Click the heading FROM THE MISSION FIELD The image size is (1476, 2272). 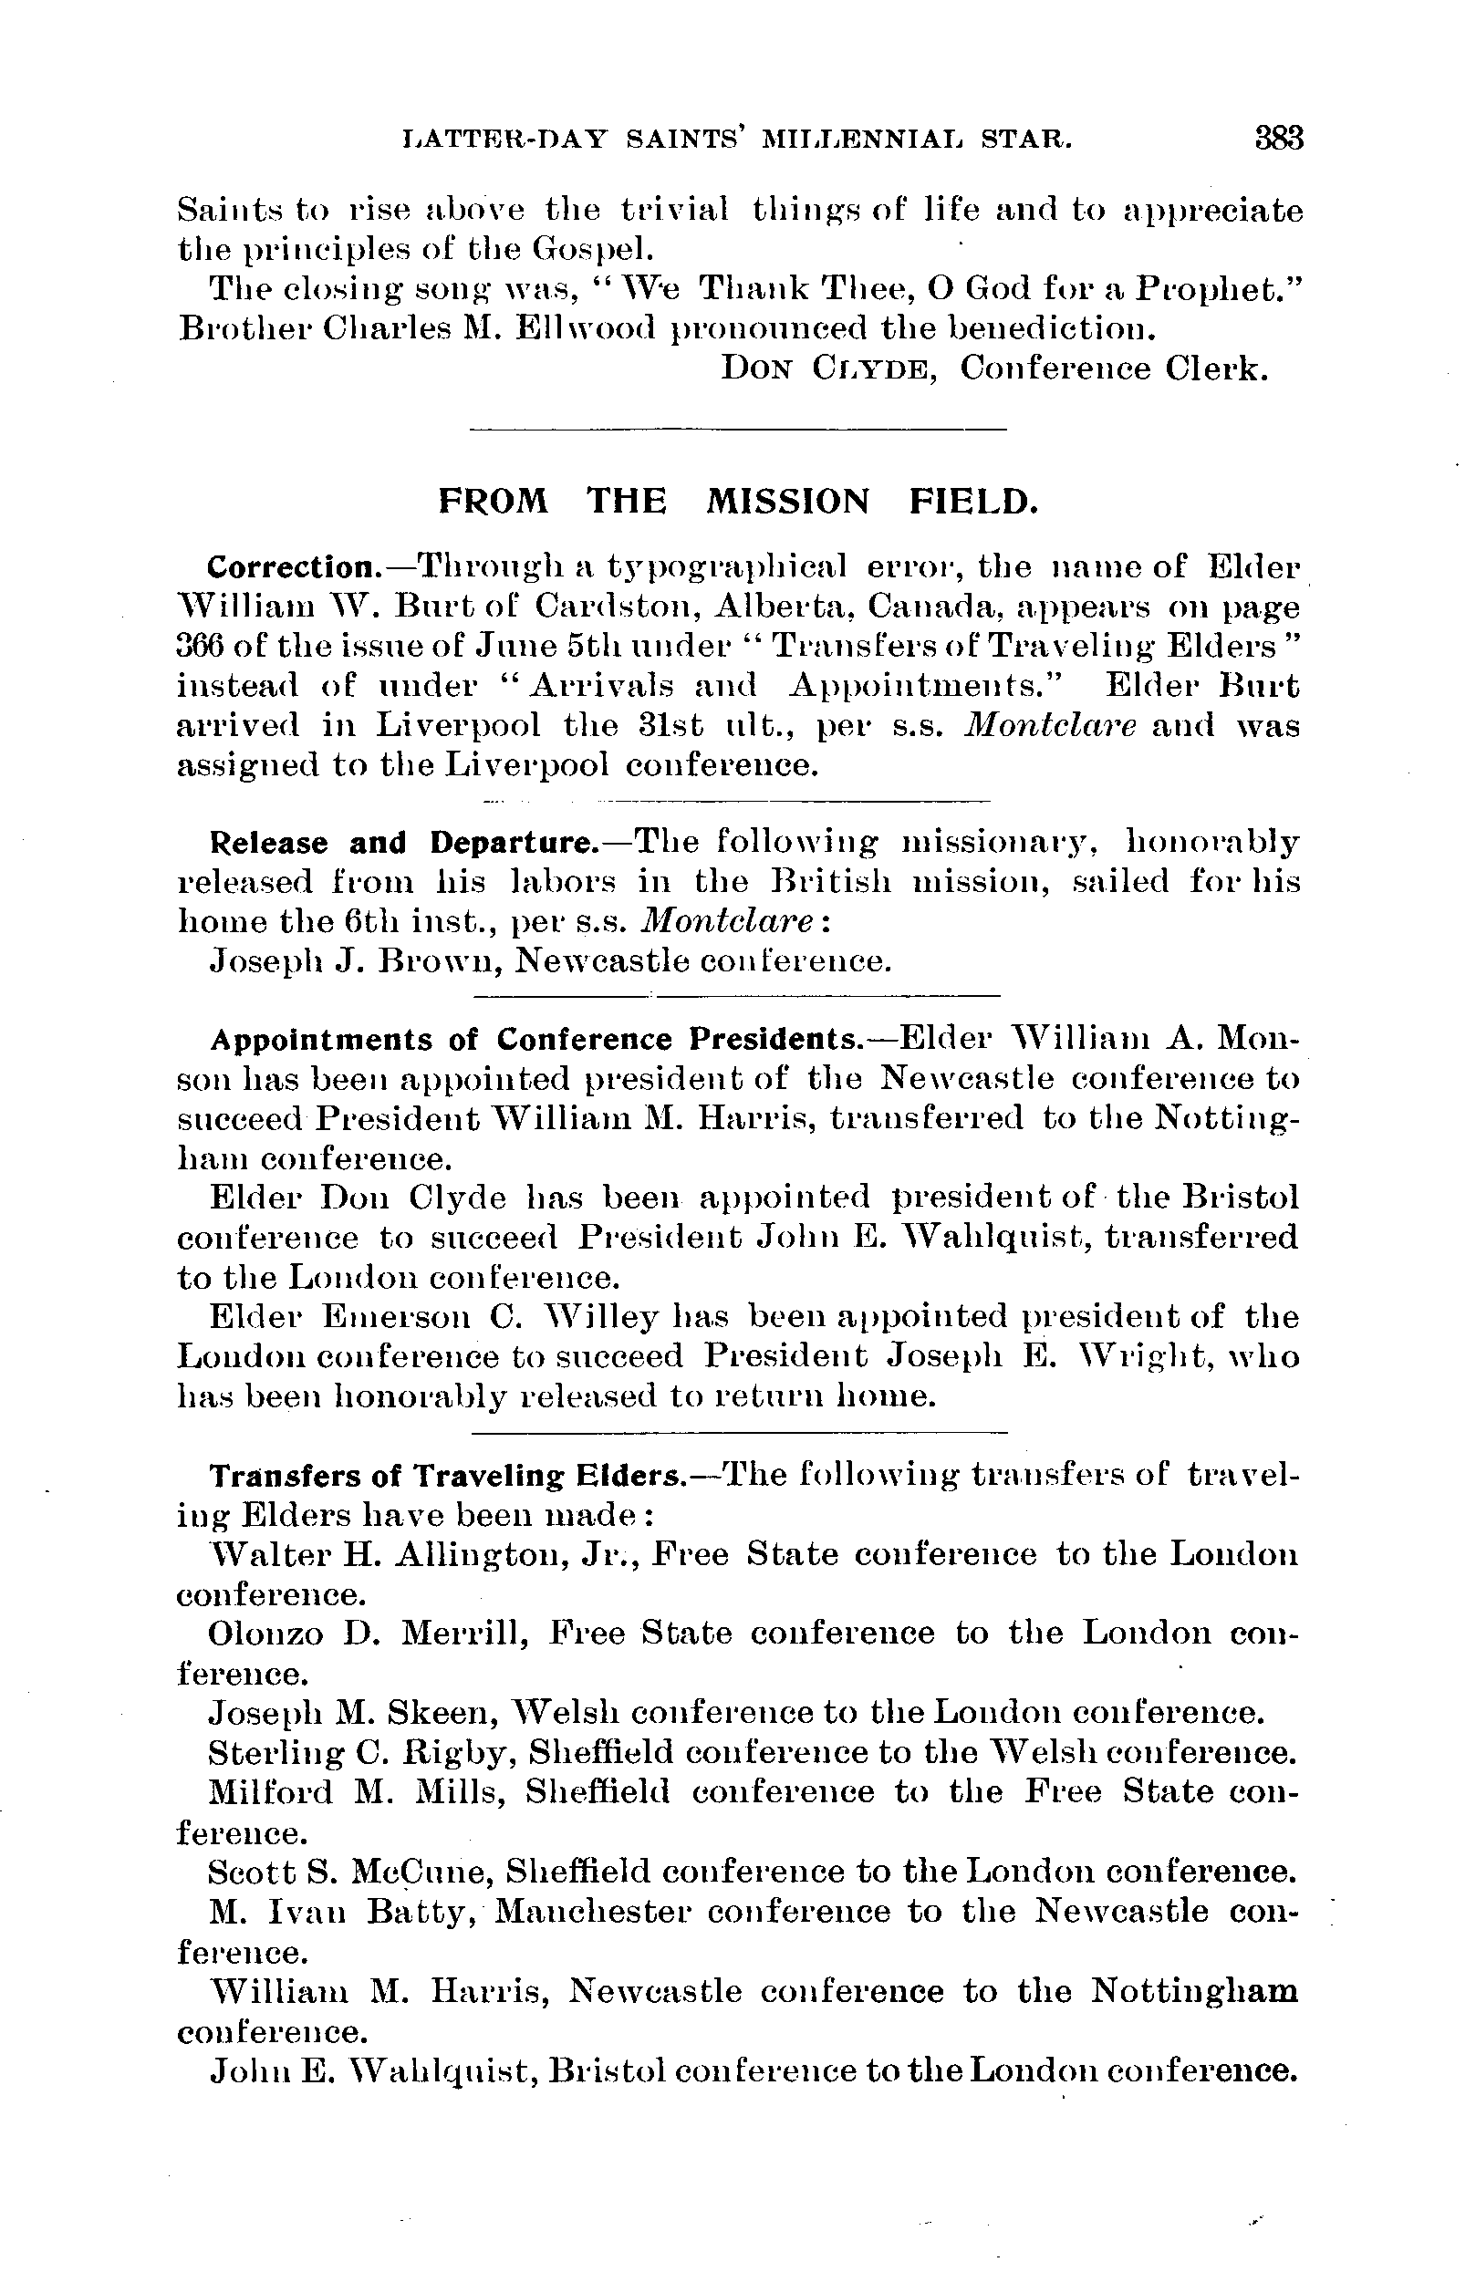[737, 500]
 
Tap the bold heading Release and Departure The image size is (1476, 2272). [401, 843]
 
